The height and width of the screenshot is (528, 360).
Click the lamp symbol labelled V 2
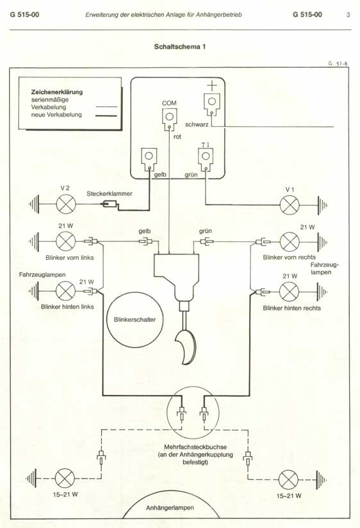coord(65,204)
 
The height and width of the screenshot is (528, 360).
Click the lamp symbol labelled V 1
coord(290,205)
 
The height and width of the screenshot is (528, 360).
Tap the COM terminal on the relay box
coord(169,118)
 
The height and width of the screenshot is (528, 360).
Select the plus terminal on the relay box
coord(211,102)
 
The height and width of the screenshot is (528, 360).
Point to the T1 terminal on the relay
coord(206,157)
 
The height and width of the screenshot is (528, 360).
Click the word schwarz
coord(197,125)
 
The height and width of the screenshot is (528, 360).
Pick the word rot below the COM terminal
coord(177,137)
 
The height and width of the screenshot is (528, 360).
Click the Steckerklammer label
coord(110,194)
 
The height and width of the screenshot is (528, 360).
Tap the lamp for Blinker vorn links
coord(65,241)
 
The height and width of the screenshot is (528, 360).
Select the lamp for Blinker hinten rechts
coord(290,291)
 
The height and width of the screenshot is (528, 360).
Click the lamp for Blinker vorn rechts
coord(290,242)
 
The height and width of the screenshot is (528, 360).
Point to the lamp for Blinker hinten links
coord(65,291)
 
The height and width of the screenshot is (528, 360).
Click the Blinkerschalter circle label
coord(135,319)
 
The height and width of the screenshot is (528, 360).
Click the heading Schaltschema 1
coord(179,47)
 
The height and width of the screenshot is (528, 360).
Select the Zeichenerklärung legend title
coord(57,92)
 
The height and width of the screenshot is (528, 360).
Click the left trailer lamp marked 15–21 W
coord(65,478)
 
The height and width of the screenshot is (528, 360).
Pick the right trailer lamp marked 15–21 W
coord(288,480)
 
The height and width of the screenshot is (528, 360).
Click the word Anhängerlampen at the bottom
coord(170,508)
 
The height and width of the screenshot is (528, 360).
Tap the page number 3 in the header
coord(348,15)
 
